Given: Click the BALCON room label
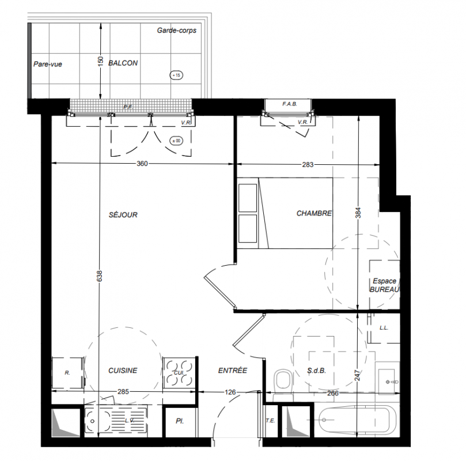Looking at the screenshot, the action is pyautogui.click(x=123, y=63).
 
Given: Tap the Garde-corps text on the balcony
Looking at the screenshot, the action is pyautogui.click(x=176, y=31).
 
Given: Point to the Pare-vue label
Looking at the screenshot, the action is pyautogui.click(x=48, y=64).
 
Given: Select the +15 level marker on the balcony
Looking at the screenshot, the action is pyautogui.click(x=176, y=75).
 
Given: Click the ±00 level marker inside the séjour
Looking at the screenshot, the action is pyautogui.click(x=176, y=141).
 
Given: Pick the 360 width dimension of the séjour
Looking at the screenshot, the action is pyautogui.click(x=142, y=164).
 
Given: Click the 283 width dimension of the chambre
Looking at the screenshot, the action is pyautogui.click(x=308, y=164).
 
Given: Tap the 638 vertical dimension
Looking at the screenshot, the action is pyautogui.click(x=100, y=276).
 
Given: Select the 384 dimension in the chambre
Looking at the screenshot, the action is pyautogui.click(x=358, y=213).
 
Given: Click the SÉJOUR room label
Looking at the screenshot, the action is pyautogui.click(x=123, y=214).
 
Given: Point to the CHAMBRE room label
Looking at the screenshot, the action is pyautogui.click(x=314, y=213).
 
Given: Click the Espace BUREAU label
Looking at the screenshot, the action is pyautogui.click(x=385, y=285).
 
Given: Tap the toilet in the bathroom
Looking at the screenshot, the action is pyautogui.click(x=282, y=382).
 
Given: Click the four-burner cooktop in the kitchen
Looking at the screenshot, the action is pyautogui.click(x=179, y=373).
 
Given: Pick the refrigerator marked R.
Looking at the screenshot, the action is pyautogui.click(x=67, y=373).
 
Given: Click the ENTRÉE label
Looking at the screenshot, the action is pyautogui.click(x=233, y=371).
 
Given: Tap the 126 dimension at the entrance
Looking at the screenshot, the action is pyautogui.click(x=230, y=392).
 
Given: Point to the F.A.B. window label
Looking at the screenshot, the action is pyautogui.click(x=290, y=104).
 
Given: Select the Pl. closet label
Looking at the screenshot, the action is pyautogui.click(x=180, y=421).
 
